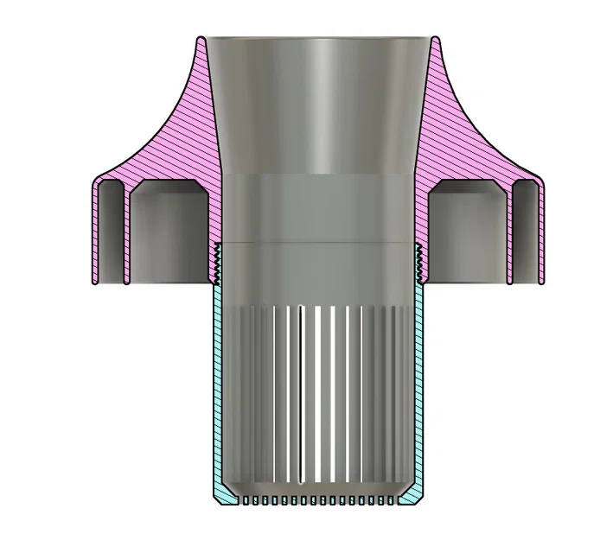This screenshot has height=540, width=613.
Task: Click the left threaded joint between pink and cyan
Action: [x=216, y=264]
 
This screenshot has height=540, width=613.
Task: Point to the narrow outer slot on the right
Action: [x=525, y=233]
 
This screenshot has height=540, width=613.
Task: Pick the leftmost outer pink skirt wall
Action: [x=94, y=233]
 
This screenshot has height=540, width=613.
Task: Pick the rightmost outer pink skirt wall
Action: [x=540, y=233]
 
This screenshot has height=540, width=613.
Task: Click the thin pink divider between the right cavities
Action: [x=508, y=233]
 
